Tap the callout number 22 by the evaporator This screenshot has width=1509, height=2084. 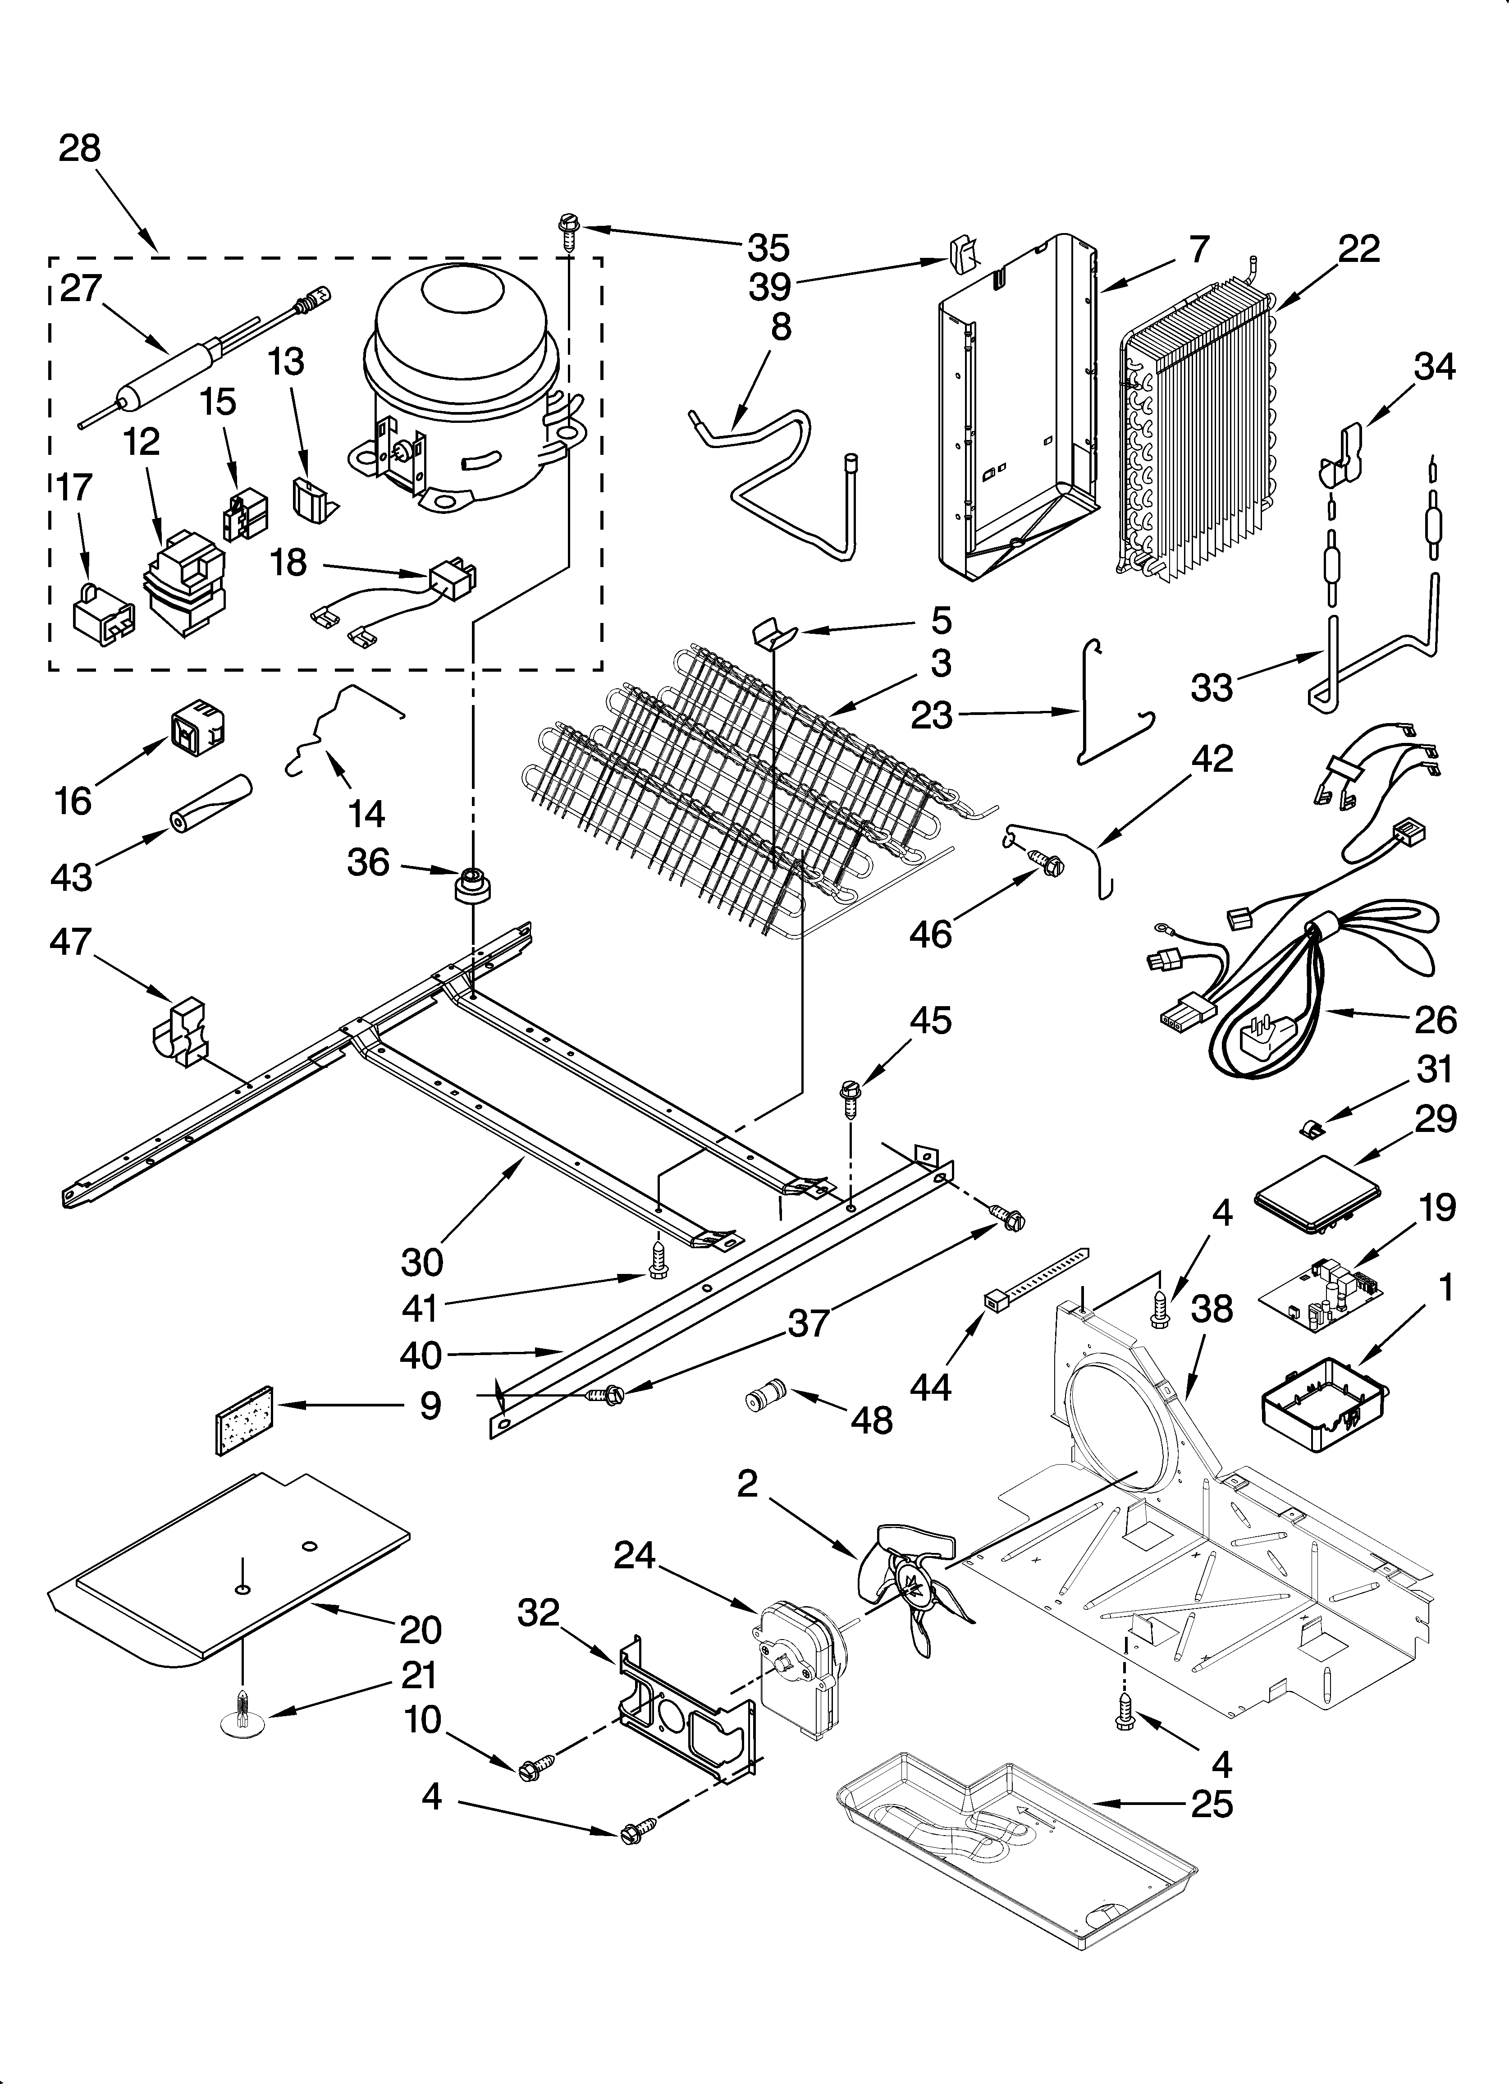click(x=1358, y=250)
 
